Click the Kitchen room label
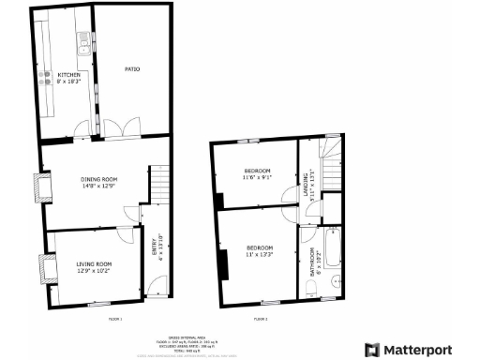tap(69, 78)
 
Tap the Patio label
tap(133, 68)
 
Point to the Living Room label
tap(94, 267)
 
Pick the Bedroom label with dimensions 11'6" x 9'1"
tap(257, 173)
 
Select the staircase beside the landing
tap(331, 150)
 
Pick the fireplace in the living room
tap(43, 269)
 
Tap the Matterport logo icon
tap(371, 350)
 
